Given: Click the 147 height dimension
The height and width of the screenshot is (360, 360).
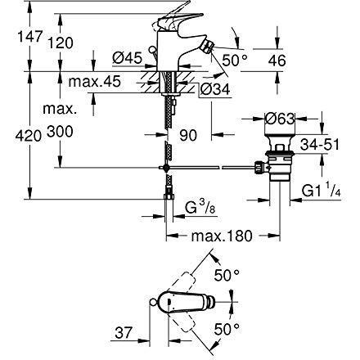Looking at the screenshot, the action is click(x=30, y=37).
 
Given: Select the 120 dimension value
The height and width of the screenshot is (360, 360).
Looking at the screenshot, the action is click(x=61, y=43).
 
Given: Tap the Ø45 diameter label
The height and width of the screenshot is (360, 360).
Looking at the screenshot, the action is click(x=128, y=58).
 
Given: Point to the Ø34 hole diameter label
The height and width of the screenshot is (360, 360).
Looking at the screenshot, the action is click(x=215, y=89).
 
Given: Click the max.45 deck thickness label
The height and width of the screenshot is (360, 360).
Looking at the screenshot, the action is click(x=94, y=81).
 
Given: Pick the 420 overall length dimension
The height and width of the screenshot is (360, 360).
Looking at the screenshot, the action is click(x=29, y=136).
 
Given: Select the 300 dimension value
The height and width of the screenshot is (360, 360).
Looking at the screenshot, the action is click(x=60, y=132).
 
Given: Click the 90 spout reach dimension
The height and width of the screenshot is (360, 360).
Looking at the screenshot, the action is click(x=188, y=135).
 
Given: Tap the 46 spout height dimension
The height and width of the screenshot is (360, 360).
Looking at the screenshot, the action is click(x=277, y=61).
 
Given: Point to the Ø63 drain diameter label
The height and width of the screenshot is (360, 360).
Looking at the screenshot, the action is click(x=280, y=119).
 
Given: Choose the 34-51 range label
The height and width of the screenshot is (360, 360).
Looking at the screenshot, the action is click(x=320, y=145).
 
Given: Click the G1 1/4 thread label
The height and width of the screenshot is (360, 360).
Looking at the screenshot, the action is click(x=322, y=191).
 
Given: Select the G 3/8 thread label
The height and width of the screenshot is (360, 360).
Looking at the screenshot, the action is click(x=200, y=208).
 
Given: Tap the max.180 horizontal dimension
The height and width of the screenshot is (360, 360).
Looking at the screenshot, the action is click(x=222, y=236).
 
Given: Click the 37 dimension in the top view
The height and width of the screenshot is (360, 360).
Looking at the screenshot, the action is click(x=124, y=333).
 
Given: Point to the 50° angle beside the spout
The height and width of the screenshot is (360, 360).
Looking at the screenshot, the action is click(x=235, y=61).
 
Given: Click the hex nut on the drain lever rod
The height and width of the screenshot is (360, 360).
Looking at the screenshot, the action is click(x=259, y=167).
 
